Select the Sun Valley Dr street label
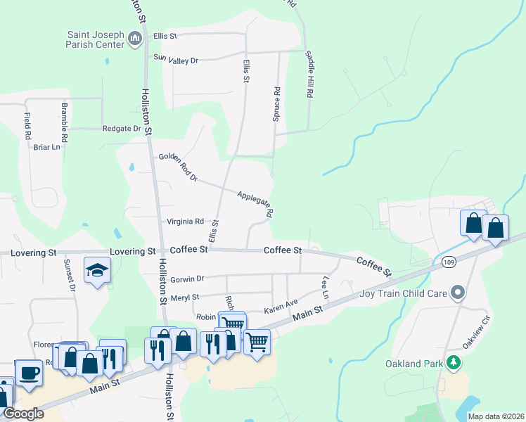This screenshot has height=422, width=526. click(176, 60)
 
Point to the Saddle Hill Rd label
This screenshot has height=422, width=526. click(309, 73)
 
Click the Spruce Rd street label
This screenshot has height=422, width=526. click(277, 103)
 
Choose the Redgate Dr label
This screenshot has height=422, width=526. click(121, 129)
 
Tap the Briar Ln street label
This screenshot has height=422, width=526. click(47, 147)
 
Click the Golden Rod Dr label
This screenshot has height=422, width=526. click(178, 167)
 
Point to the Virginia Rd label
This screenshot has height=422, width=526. click(185, 222)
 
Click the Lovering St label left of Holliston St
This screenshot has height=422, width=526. click(132, 251)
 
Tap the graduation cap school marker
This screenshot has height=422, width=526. click(96, 270)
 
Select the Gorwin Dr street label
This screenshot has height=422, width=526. click(187, 279)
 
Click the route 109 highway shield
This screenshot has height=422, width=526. click(448, 262)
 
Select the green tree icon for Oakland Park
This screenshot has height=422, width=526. click(454, 363)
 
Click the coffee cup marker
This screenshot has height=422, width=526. click(28, 372)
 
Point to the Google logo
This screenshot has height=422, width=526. click(23, 414)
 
